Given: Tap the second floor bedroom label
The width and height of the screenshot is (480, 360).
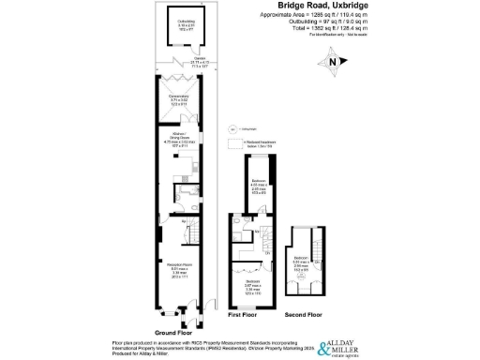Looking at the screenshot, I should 301,262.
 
